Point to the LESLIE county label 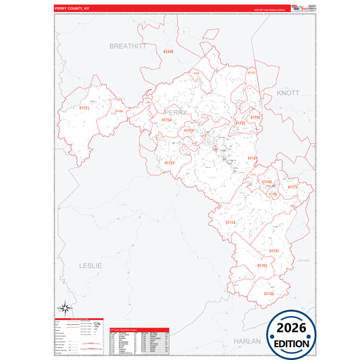click(90, 265)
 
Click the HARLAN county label click(247, 341)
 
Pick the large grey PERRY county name click(176, 112)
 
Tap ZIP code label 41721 click(84, 108)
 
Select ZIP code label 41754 click(167, 120)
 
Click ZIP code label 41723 click(170, 163)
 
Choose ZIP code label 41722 click(240, 124)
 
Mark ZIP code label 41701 click(253, 158)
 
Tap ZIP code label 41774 click(230, 222)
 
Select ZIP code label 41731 click(274, 251)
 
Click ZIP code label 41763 click(261, 265)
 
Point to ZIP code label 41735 click(269, 294)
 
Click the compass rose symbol click(64, 309)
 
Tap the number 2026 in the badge click(291, 329)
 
